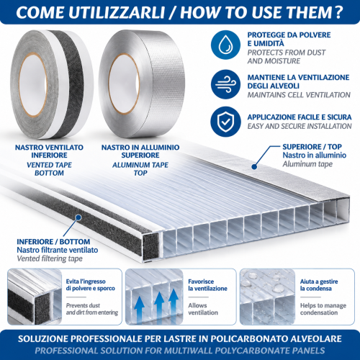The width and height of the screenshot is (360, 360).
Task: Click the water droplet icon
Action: coord(225,45)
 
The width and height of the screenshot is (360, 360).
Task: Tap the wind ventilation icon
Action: coord(225,84)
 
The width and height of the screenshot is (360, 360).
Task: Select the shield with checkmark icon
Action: coord(225,122)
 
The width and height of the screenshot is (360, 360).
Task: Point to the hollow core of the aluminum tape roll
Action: coord(124,84)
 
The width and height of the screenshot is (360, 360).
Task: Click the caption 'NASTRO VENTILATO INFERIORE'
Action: coord(49,151)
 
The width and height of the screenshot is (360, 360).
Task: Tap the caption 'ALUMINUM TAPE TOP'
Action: coord(140,169)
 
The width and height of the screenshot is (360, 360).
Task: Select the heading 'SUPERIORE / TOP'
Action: coord(312,147)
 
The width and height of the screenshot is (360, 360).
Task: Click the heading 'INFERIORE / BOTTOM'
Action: coord(53,241)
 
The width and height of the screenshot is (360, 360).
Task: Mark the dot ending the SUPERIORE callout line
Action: coord(255,166)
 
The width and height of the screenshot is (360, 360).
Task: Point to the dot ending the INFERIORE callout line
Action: coord(78,217)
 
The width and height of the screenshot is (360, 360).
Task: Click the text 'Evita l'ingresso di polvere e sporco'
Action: coord(91,284)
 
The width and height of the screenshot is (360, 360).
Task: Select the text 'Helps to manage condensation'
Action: coord(323,309)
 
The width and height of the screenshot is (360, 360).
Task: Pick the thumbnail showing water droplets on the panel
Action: coord(267,297)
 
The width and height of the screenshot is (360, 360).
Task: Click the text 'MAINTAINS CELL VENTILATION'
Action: coord(299,95)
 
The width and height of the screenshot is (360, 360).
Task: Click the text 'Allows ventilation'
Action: coord(203,309)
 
